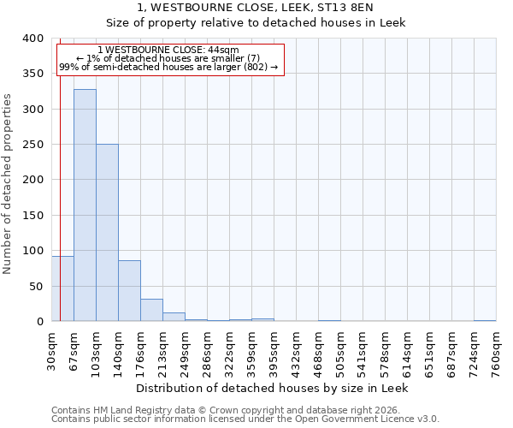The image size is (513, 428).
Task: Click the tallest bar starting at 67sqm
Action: tap(85, 205)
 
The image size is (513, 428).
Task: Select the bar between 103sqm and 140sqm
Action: tap(107, 233)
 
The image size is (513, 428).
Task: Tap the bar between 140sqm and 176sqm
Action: tap(129, 291)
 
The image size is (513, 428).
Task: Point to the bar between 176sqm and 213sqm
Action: tap(151, 310)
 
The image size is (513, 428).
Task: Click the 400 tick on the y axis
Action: tap(32, 39)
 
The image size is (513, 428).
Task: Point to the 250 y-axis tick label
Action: tap(32, 145)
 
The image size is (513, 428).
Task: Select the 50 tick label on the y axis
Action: tap(36, 286)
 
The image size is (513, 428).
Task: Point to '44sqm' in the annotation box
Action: tap(221, 50)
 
